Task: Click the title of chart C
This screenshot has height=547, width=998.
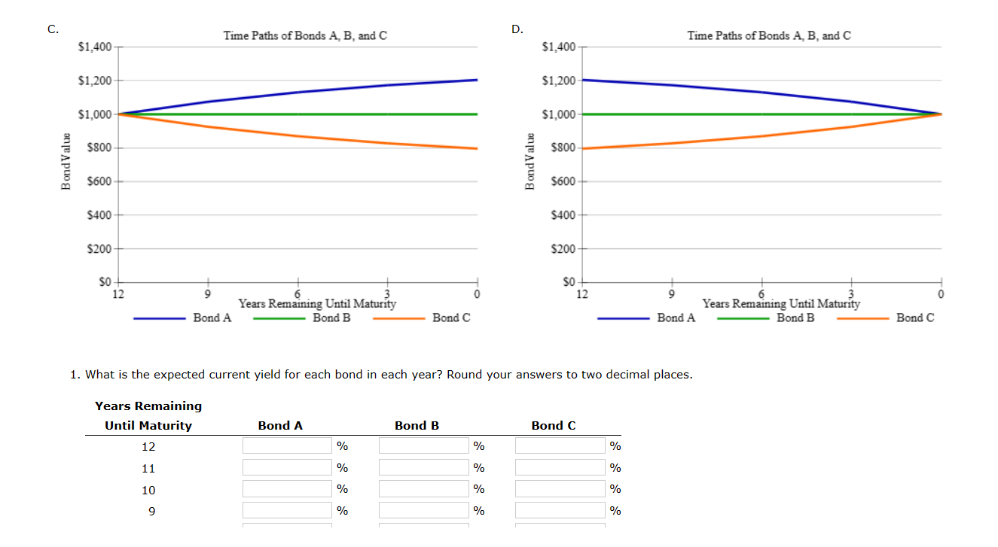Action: (305, 35)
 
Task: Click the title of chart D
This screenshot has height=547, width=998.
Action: (769, 35)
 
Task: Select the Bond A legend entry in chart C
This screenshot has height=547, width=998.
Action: (212, 318)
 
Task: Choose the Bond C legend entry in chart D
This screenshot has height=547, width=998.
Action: (914, 318)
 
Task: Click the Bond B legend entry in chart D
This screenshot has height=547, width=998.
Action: (795, 318)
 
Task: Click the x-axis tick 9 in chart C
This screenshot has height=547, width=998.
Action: (208, 293)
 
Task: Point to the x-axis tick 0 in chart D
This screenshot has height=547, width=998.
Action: (941, 293)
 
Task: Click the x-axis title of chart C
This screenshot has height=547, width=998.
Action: (317, 304)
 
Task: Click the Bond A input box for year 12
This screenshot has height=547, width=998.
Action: (287, 446)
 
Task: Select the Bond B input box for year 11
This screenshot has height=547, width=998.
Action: (423, 468)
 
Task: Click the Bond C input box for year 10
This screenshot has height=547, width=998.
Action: (560, 490)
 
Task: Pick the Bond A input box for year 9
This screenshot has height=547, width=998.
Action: (287, 511)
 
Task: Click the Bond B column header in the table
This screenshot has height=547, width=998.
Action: (417, 426)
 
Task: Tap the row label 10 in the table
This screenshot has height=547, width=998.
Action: (148, 490)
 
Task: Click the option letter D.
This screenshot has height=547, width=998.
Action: (517, 29)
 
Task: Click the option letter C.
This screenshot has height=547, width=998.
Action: (53, 29)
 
